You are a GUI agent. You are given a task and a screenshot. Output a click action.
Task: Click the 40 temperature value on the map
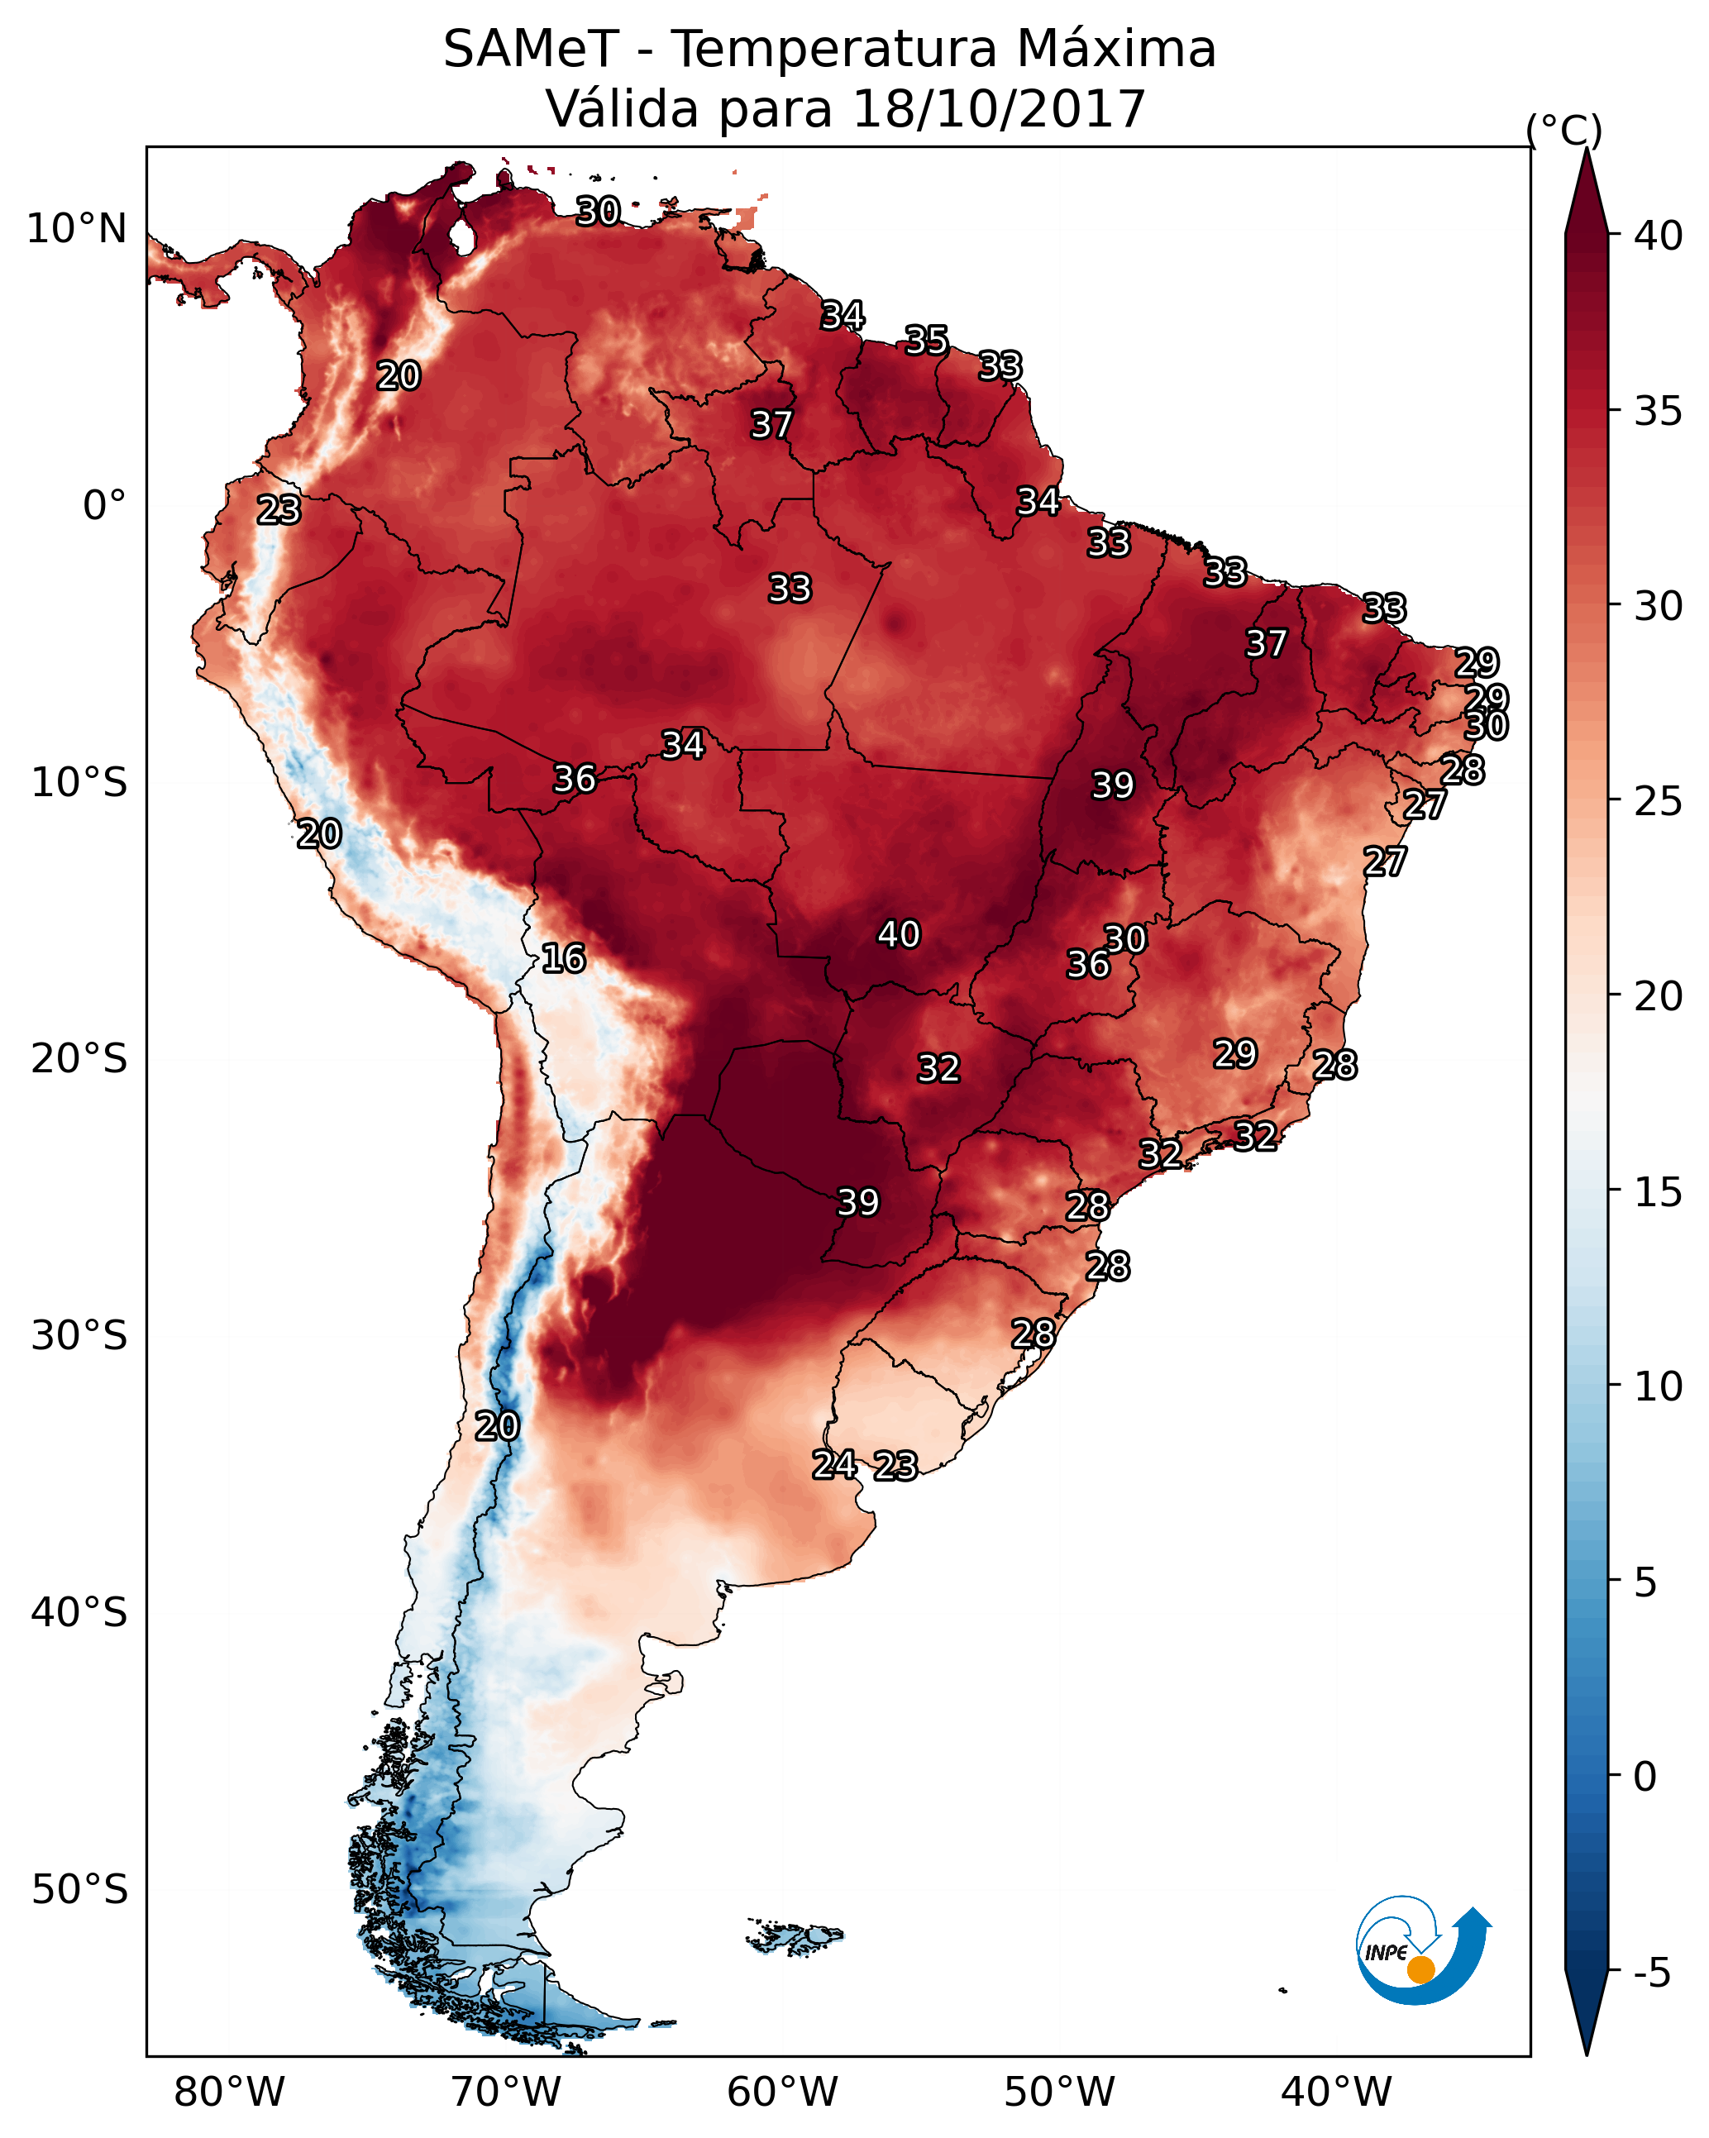click(899, 934)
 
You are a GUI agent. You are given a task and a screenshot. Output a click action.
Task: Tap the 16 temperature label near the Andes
click(563, 958)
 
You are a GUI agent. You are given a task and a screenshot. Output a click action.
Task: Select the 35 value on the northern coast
click(926, 340)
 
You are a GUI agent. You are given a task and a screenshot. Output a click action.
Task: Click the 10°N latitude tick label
click(76, 229)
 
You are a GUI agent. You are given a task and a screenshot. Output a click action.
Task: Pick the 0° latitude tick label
click(104, 506)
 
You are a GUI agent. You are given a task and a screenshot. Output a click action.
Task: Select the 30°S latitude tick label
click(79, 1336)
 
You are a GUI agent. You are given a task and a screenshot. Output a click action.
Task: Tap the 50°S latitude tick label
click(79, 1889)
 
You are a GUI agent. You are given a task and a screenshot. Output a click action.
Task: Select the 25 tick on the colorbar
click(1659, 800)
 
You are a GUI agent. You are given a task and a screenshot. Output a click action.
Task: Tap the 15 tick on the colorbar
click(1659, 1191)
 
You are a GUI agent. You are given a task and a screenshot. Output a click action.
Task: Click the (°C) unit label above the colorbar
click(1564, 129)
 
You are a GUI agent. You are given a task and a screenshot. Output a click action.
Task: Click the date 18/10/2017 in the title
click(998, 108)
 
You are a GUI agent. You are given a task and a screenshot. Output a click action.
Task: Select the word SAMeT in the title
click(531, 49)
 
